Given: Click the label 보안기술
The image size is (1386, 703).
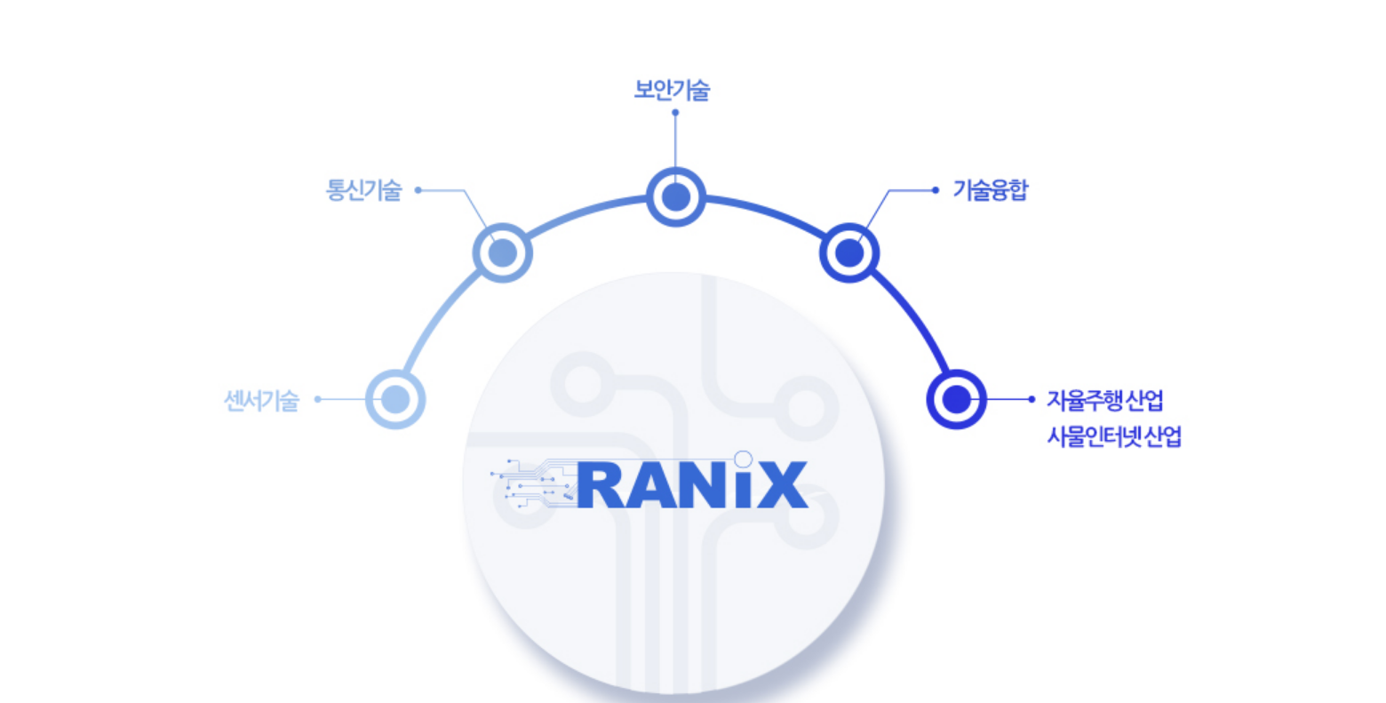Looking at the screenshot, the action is (x=672, y=90).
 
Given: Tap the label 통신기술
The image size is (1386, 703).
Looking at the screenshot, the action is (x=364, y=190).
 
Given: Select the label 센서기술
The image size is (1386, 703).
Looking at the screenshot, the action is (x=261, y=401).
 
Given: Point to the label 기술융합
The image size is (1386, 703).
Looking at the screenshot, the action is (x=990, y=190).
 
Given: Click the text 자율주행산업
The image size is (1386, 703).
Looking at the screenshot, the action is (x=1104, y=401).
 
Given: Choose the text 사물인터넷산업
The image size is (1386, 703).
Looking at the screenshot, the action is (x=1114, y=437).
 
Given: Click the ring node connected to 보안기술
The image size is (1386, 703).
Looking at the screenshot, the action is (x=675, y=196).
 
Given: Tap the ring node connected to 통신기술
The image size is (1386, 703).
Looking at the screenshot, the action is (x=502, y=252).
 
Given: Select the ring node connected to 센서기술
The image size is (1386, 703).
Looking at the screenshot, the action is (x=395, y=399).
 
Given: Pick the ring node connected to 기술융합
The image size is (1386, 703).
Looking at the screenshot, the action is (x=849, y=252).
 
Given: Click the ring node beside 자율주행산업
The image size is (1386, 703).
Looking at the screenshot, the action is (x=956, y=399).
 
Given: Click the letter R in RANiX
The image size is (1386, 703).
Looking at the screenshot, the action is (x=605, y=485).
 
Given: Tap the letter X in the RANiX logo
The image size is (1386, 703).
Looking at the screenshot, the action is (x=782, y=485).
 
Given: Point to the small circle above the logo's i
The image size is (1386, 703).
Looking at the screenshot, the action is (x=744, y=459).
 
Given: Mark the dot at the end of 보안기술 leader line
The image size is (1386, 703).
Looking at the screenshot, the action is (x=675, y=113).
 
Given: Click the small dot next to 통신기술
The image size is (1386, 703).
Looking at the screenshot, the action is (x=418, y=190).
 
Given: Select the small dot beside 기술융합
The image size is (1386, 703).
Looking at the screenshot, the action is (x=935, y=190).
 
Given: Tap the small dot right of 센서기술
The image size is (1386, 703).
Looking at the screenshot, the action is (x=318, y=400).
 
